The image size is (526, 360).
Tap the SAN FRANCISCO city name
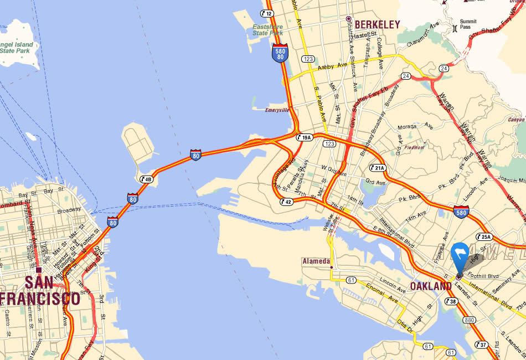[x=40, y=291]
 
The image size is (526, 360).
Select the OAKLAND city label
[x=431, y=286]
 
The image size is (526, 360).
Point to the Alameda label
[x=316, y=261]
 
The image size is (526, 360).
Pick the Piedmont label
[x=414, y=148]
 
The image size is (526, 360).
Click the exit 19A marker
[x=305, y=137]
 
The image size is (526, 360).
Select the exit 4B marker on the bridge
[x=146, y=178]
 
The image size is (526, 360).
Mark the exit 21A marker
[x=378, y=167]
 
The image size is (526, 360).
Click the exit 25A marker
[x=483, y=237]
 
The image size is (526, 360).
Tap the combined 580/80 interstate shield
[x=280, y=53]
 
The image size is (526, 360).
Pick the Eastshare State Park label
[x=267, y=29]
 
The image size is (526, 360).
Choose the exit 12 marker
[x=267, y=13]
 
